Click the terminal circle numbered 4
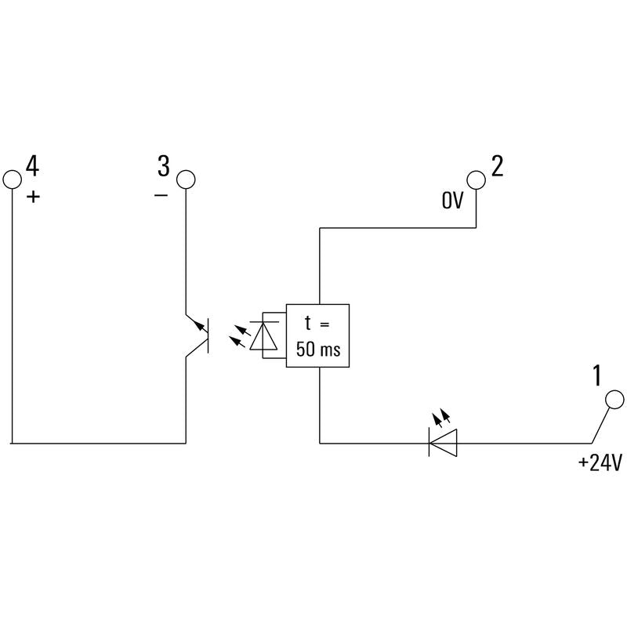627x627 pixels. pos(12,179)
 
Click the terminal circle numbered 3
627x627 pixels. pos(186,179)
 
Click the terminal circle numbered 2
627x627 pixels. pos(477,179)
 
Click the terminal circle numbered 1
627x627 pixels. pos(614,400)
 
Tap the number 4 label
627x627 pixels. pos(32,166)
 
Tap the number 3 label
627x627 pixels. pos(164,166)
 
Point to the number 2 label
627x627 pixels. pos(497,166)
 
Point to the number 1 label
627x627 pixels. pos(596,375)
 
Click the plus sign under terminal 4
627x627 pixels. pos(34,197)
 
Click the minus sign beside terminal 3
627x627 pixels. pos(161,195)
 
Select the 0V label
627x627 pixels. pos(452,200)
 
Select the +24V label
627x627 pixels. pos(600,462)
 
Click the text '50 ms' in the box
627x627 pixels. pos(318,349)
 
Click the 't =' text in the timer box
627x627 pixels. pos(317,323)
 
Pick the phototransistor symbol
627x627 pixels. pos(198,335)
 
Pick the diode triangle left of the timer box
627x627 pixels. pos(263,336)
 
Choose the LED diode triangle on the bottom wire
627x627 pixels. pos(443,443)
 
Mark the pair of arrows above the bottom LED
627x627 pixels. pos(442,417)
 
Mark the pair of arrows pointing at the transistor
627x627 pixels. pos(240,336)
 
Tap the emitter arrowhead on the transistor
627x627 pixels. pos(199,324)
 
